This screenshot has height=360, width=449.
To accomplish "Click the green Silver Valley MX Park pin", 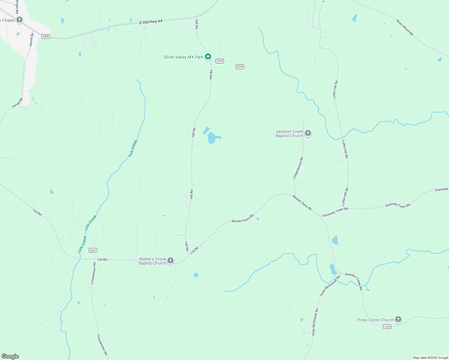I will tap(208, 56).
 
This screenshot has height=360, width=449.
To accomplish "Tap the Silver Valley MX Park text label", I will tap(183, 57).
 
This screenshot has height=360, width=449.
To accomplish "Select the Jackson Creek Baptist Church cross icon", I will tap(308, 133).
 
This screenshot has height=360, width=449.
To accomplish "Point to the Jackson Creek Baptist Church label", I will tap(290, 134).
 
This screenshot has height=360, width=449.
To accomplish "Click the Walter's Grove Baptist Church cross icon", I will tap(170, 261).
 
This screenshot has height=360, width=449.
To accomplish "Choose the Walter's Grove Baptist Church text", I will tap(152, 261).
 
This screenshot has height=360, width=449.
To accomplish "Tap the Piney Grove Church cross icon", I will tap(398, 319).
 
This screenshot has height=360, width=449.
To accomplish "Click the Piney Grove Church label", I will tap(375, 320).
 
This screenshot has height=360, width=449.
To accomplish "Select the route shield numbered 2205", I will tap(46, 36).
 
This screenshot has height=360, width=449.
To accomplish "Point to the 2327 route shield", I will tap(93, 250).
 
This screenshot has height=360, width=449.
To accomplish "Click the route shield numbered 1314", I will tap(387, 327).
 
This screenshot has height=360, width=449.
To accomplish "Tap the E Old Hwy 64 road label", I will tap(151, 22).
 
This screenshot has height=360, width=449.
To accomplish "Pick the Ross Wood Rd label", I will tap(405, 28).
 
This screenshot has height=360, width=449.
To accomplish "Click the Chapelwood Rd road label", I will tap(298, 168).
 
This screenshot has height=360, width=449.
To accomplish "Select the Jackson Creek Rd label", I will tap(354, 281).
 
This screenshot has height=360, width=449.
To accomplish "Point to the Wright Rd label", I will tap(17, 7).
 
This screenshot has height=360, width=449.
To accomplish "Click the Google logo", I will tap(10, 356).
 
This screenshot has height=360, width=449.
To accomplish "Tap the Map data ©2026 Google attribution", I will tap(430, 358).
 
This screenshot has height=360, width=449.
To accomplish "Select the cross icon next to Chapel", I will tap(20, 20).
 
